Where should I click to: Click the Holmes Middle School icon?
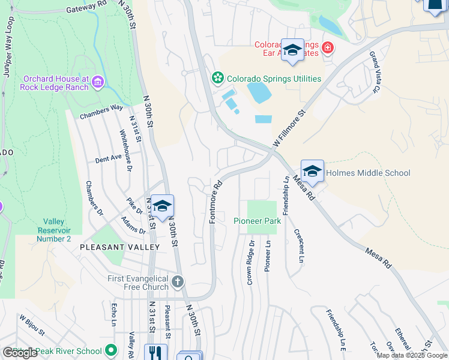[x=312, y=172]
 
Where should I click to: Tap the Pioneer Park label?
[x=257, y=221]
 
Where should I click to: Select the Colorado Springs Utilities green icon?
[x=217, y=79]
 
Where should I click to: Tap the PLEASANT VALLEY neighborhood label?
[x=120, y=247]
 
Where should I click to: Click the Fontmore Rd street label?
[x=213, y=203]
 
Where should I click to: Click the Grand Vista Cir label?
[x=375, y=73]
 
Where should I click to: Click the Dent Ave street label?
[x=109, y=159]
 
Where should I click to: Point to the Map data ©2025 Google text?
[x=412, y=355]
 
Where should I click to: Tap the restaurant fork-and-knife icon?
[x=155, y=353]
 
